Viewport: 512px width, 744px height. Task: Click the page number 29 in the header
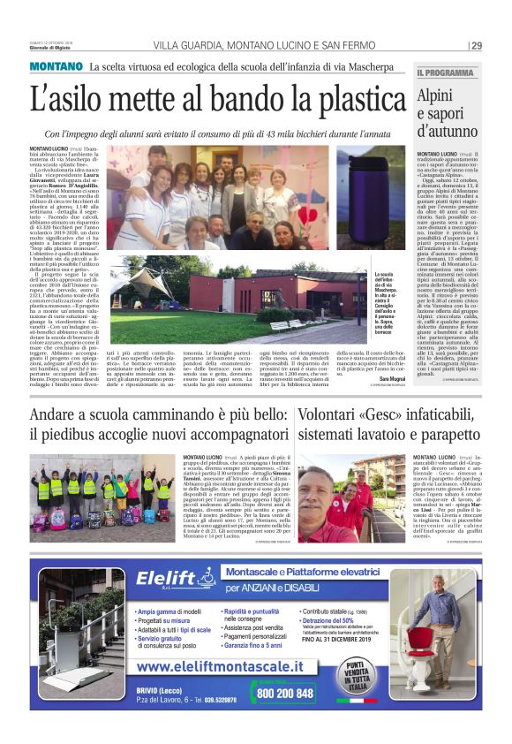point(476,46)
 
